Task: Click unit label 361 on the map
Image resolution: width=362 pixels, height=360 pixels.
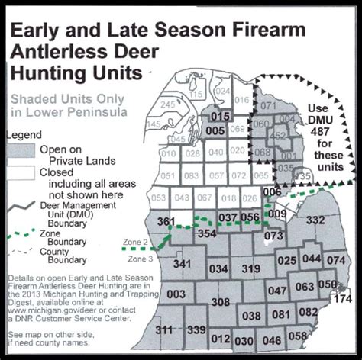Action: (166, 222)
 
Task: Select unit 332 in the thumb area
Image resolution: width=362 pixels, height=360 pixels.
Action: (315, 220)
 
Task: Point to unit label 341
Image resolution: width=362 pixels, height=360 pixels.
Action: (182, 264)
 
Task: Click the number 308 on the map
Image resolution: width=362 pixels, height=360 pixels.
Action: (221, 303)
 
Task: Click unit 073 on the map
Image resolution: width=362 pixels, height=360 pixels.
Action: (274, 236)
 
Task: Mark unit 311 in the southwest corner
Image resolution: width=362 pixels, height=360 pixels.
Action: (164, 329)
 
